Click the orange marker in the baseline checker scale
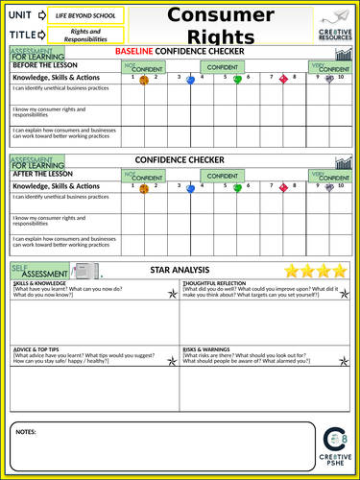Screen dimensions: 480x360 (x=144, y=80)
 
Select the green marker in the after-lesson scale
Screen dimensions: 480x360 (x=237, y=188)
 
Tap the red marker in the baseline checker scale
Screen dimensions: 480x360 (x=282, y=80)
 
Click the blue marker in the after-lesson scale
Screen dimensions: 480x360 (x=191, y=188)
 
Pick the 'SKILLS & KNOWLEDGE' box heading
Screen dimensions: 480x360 (x=40, y=285)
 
